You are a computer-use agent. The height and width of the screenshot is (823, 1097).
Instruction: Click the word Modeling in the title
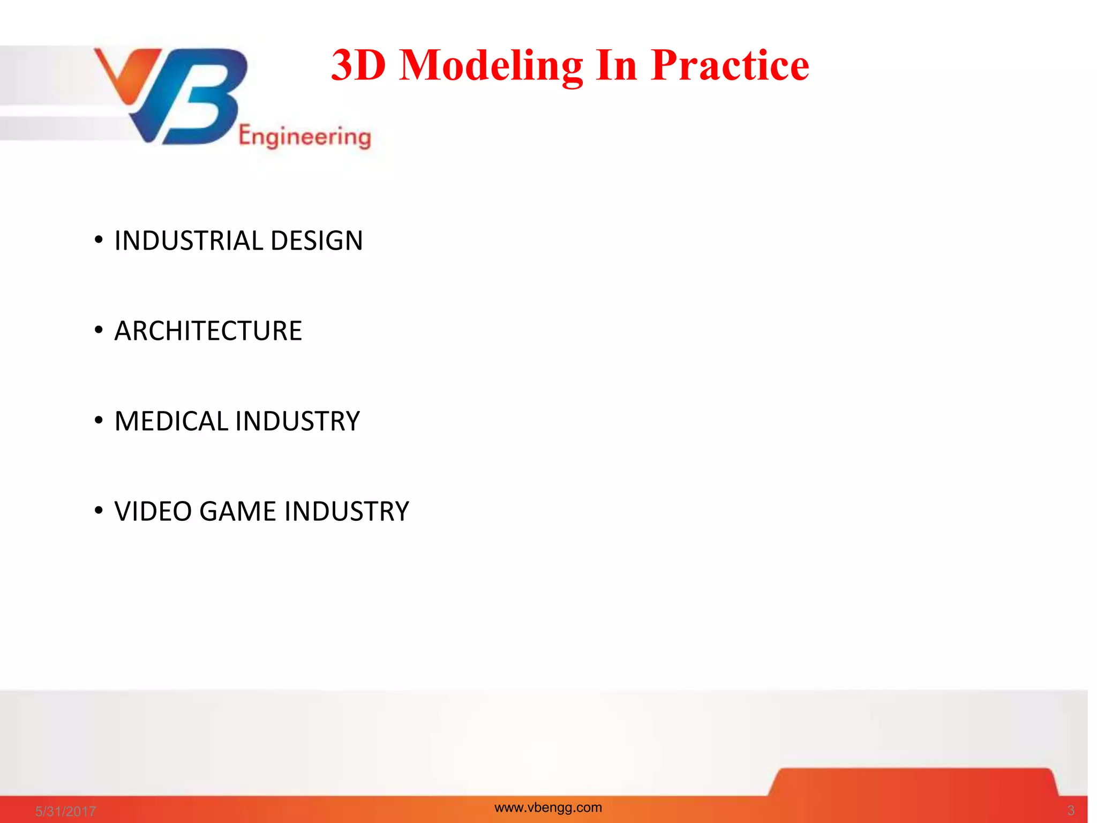(491, 65)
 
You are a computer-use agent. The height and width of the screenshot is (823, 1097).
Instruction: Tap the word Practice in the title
(730, 65)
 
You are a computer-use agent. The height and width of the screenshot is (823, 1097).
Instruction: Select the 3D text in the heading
(358, 65)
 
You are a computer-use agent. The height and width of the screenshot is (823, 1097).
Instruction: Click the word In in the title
(616, 65)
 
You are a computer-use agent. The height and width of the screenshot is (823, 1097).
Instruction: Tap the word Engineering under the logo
(304, 137)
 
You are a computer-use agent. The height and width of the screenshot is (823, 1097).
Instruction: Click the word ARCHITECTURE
(208, 331)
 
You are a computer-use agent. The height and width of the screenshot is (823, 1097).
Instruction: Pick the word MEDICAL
(171, 421)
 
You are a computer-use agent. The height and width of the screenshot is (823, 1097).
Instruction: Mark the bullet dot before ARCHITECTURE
(99, 330)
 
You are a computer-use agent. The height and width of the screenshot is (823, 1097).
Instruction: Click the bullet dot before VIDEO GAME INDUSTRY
(99, 511)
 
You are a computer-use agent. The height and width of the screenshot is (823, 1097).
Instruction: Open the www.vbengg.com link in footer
(548, 807)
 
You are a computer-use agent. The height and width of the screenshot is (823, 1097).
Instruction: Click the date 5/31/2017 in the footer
(65, 811)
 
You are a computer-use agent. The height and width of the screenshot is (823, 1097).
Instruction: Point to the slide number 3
(1071, 810)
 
